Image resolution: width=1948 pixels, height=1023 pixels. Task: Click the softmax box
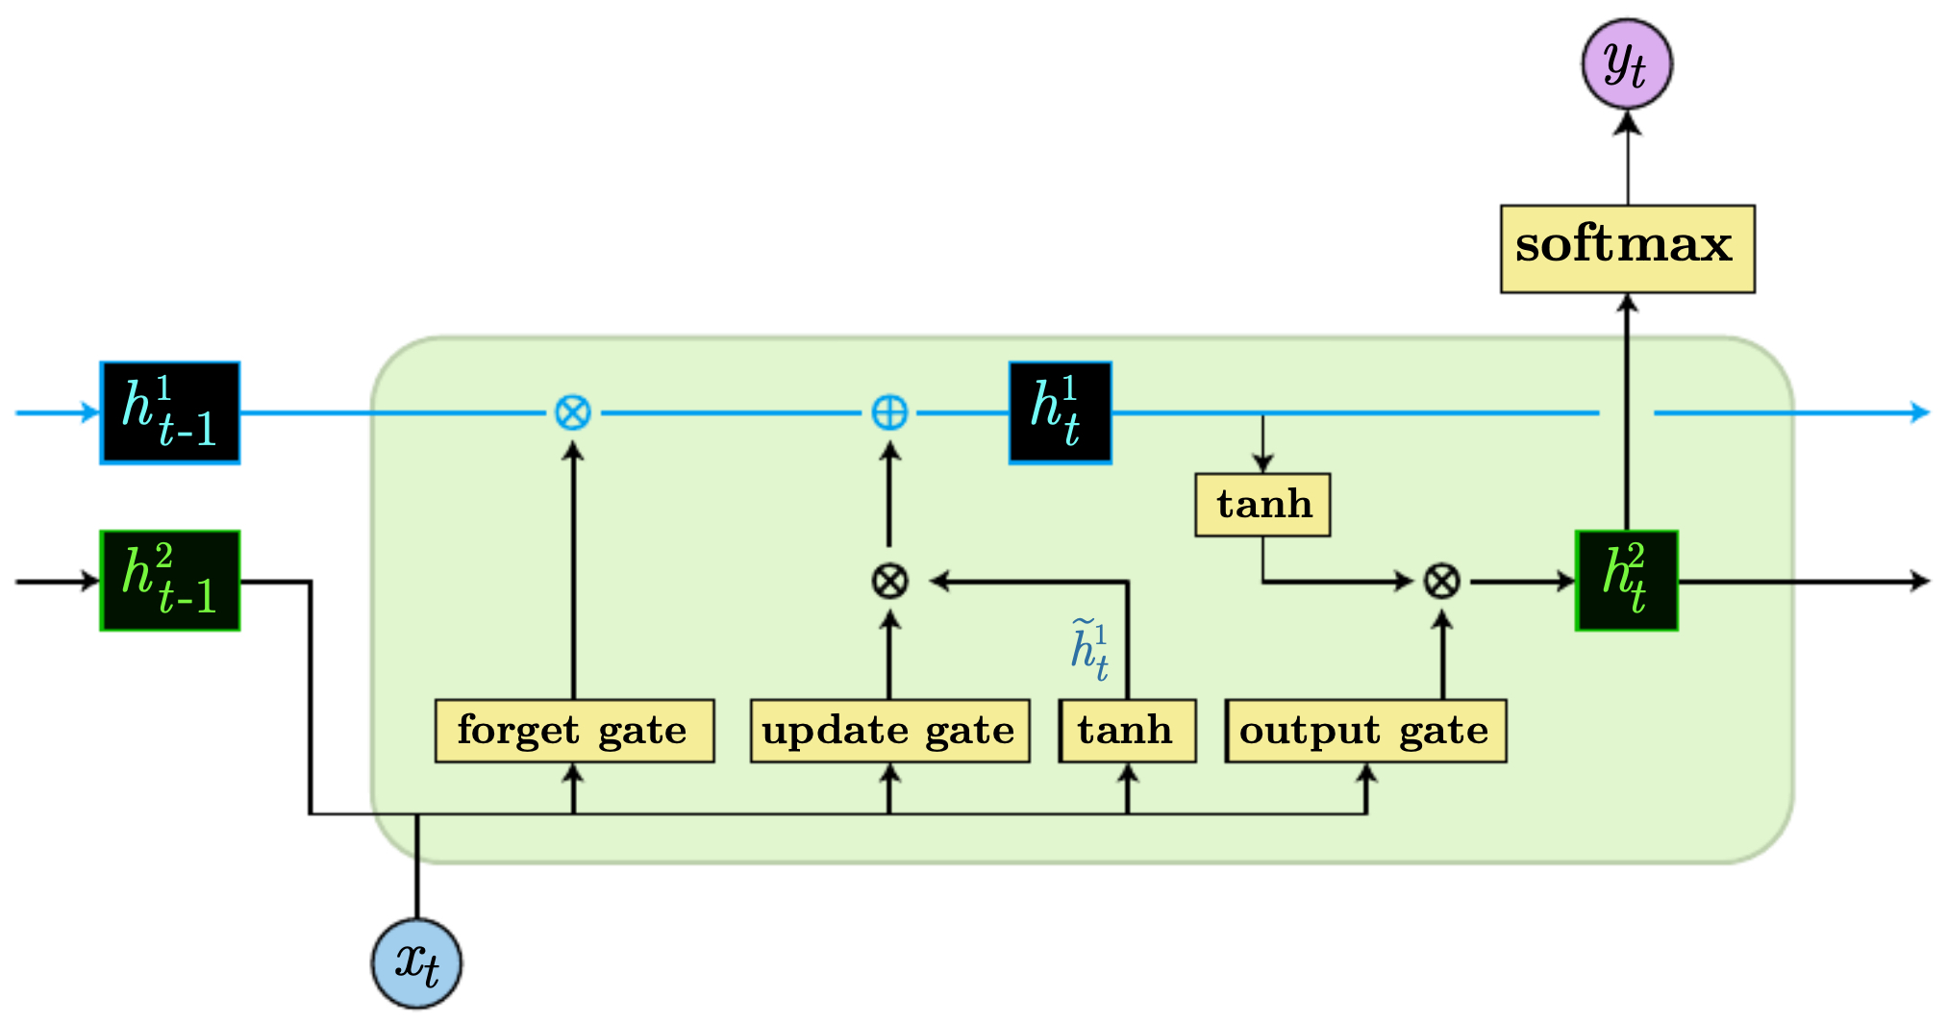click(x=1627, y=248)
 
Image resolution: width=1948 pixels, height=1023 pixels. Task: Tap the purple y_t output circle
click(x=1627, y=64)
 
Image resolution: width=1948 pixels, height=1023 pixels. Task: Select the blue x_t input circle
click(x=417, y=963)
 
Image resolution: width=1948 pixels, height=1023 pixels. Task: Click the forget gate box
click(x=574, y=731)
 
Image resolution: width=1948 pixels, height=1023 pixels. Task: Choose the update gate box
click(x=889, y=731)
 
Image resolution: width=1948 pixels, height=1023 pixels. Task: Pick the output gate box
click(x=1365, y=731)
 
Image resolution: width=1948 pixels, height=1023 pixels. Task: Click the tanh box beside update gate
click(x=1127, y=731)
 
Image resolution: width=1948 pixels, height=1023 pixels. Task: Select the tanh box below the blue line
click(x=1262, y=504)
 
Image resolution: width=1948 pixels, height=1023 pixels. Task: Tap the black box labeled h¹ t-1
click(x=170, y=413)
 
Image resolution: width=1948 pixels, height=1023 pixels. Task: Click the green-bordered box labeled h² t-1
click(x=170, y=581)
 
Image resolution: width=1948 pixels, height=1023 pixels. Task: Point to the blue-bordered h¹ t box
click(x=1060, y=413)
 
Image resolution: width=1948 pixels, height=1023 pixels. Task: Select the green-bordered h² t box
click(x=1627, y=581)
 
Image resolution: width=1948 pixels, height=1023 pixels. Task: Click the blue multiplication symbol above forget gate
click(x=573, y=413)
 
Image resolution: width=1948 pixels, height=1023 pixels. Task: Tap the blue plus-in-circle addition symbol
click(x=889, y=413)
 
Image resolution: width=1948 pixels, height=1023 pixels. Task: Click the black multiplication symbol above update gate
click(x=889, y=581)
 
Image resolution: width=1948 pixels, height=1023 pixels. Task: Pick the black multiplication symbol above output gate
click(x=1441, y=581)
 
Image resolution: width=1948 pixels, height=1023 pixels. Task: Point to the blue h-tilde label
click(x=1089, y=650)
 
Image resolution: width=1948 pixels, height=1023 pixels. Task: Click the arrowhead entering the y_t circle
click(x=1627, y=122)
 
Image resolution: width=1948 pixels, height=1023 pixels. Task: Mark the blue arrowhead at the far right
click(x=1919, y=413)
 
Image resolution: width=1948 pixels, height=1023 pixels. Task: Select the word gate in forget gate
click(x=642, y=732)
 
